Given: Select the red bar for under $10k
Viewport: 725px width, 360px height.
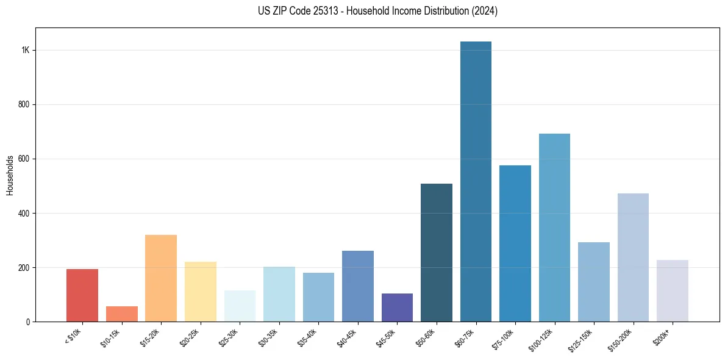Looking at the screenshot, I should pos(82,295).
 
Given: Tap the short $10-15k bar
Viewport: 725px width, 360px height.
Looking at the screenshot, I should pos(121,314).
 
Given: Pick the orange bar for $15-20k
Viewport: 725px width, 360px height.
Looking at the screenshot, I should pos(161,278).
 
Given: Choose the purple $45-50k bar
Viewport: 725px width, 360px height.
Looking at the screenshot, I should pos(397,308).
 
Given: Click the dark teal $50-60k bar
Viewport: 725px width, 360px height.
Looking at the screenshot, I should pos(437,253).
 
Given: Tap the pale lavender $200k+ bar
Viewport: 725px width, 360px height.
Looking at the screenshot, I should pos(672,291).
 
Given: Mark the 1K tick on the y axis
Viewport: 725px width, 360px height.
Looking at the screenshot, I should pos(25,50).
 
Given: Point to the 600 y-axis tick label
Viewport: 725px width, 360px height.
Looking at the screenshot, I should pos(24,159).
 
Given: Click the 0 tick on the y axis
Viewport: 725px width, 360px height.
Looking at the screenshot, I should pos(28,322).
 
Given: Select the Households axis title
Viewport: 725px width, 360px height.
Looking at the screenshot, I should pos(10,175).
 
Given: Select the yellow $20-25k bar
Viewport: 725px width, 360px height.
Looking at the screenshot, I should pos(200,292).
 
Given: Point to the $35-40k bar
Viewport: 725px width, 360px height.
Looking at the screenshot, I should pos(318,297).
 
